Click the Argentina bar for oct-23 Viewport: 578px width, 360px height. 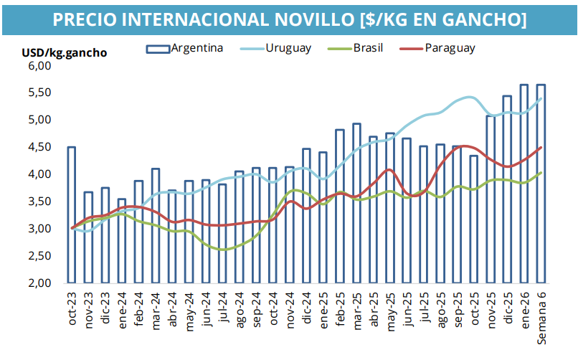point(72,214)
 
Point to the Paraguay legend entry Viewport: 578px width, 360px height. point(449,48)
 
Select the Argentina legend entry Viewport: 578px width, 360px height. point(196,48)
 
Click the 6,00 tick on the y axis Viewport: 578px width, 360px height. point(42,65)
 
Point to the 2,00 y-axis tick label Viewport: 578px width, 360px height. point(42,283)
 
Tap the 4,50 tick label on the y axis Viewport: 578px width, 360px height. point(42,147)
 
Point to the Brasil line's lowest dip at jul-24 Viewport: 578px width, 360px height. point(223,250)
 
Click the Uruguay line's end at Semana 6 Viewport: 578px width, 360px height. point(541,98)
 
